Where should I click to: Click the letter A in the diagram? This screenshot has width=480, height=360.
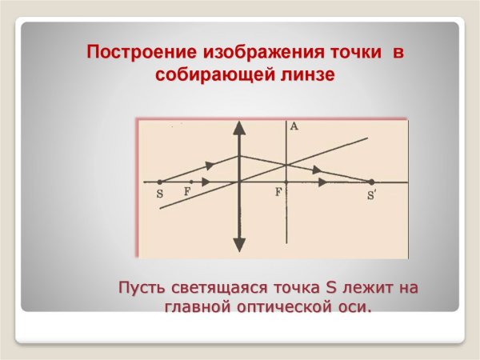(294, 126)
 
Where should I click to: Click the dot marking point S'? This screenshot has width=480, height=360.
(371, 182)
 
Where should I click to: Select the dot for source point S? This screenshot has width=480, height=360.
(160, 182)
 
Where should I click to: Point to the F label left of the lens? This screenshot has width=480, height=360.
(187, 193)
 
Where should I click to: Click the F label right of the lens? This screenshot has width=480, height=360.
(278, 193)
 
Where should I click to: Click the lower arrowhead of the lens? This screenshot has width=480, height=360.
(238, 245)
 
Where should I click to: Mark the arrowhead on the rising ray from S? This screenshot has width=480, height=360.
(210, 166)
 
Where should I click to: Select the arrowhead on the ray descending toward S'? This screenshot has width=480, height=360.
(318, 170)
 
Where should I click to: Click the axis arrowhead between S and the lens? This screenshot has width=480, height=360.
(206, 182)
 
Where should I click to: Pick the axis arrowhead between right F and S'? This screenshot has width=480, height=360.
(322, 182)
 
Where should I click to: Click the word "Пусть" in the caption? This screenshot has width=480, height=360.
(142, 287)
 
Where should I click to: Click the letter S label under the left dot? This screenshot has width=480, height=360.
(160, 194)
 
